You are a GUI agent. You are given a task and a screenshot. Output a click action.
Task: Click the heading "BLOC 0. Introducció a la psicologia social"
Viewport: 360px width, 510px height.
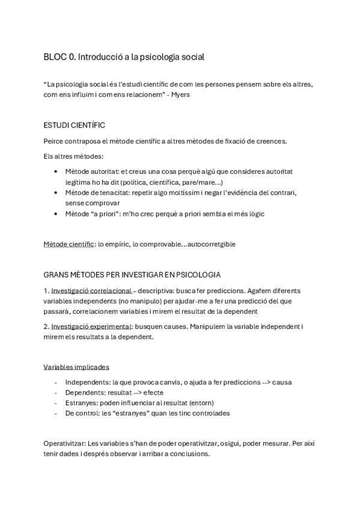coord(124,57)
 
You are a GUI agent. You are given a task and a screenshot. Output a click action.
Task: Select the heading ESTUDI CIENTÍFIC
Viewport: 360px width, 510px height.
coord(74,125)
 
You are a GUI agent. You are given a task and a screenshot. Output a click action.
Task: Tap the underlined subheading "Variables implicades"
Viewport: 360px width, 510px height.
coord(76,367)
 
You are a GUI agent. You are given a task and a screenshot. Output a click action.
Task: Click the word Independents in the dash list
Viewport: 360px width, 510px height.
coord(85,382)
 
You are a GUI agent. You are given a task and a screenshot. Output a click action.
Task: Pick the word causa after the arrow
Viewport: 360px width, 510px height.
coord(282,382)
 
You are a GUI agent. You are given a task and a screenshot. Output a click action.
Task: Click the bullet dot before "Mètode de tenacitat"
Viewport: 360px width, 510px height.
coord(55,193)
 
